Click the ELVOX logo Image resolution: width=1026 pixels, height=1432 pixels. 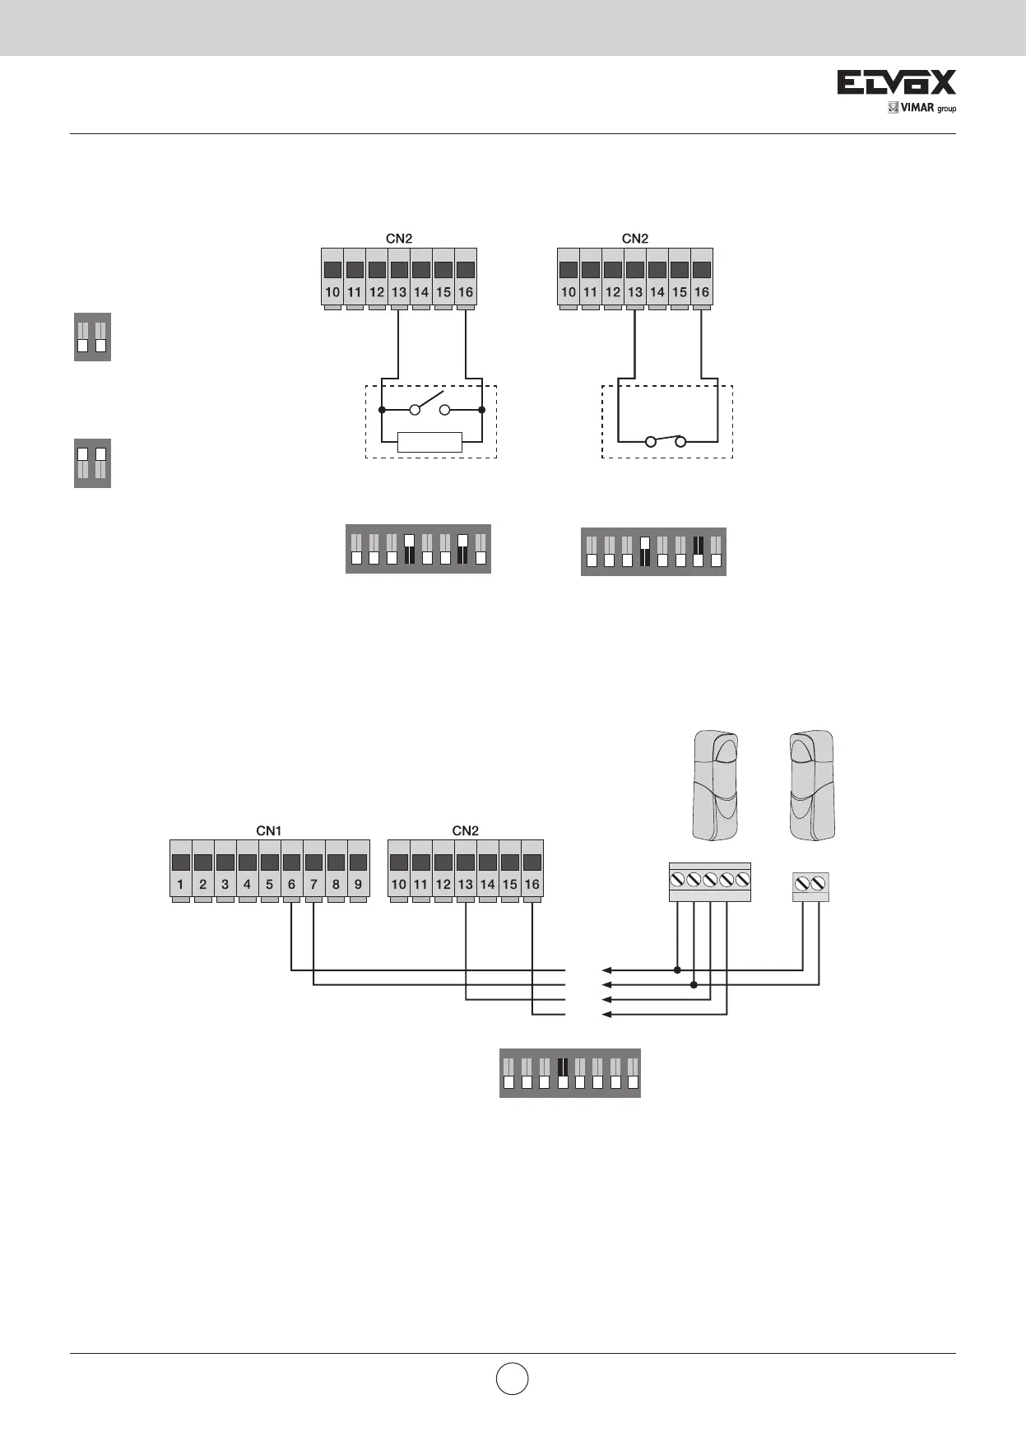coord(896,82)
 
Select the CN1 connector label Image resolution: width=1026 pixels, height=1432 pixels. coord(269,830)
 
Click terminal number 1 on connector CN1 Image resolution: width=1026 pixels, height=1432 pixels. coord(180,885)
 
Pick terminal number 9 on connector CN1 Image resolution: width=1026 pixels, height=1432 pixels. coord(359,885)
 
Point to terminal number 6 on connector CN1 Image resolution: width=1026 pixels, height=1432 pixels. coord(292,885)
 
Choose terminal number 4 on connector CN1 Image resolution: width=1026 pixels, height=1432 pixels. coord(247,885)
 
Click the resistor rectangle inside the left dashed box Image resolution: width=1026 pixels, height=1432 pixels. coord(429,442)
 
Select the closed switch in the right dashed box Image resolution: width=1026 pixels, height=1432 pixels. coord(666,440)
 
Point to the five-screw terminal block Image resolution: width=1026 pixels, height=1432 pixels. coord(709,881)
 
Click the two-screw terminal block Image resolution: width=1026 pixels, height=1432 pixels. coord(810,886)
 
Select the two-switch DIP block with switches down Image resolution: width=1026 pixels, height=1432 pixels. coord(92,337)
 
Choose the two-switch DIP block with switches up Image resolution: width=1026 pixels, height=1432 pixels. coord(92,463)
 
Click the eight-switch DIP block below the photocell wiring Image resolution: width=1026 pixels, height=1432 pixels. coord(569,1072)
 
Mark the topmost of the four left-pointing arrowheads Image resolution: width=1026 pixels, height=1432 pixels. coord(607,969)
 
